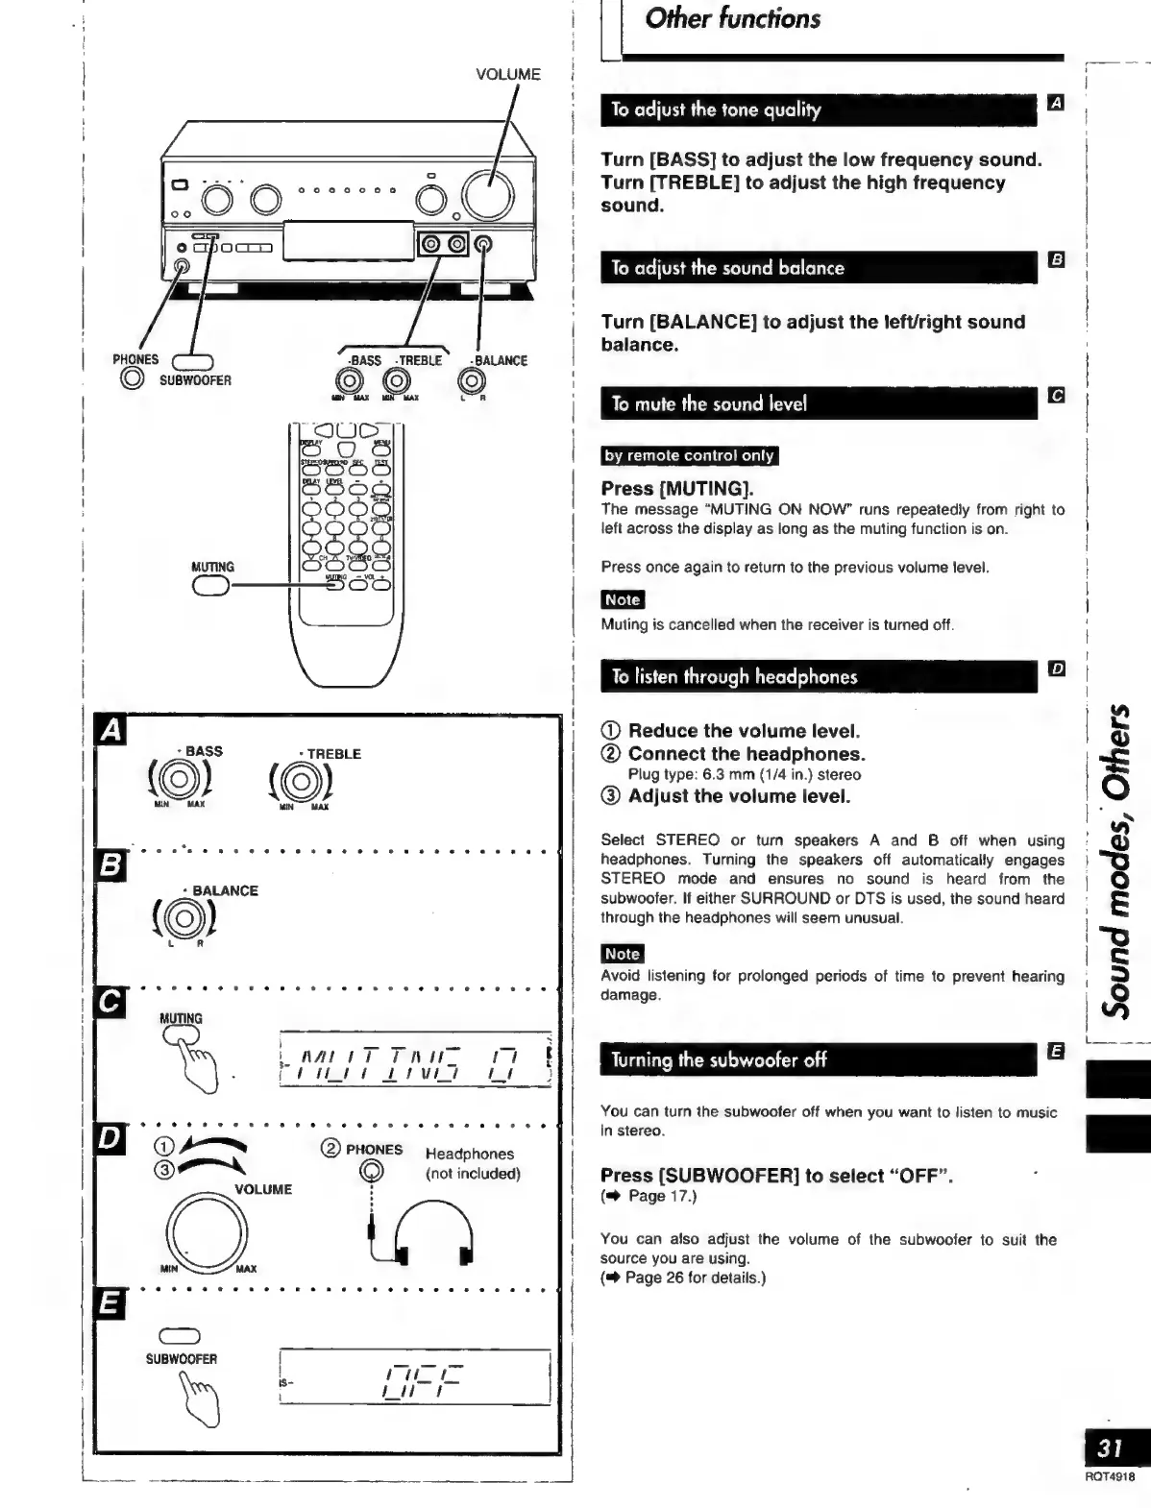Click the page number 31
pyautogui.click(x=1110, y=1447)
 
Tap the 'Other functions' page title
pyautogui.click(x=732, y=19)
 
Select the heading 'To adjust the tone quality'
pyautogui.click(x=716, y=109)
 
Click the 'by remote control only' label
pyautogui.click(x=689, y=455)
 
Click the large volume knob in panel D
pyautogui.click(x=207, y=1230)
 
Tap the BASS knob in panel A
pyautogui.click(x=180, y=777)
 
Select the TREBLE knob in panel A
pyautogui.click(x=302, y=781)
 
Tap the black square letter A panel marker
pyautogui.click(x=111, y=732)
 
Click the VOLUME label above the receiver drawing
pyautogui.click(x=508, y=74)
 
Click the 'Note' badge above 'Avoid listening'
pyautogui.click(x=622, y=954)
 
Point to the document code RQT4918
pyautogui.click(x=1110, y=1477)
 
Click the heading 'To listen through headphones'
pyautogui.click(x=734, y=677)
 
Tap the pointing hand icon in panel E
pyautogui.click(x=203, y=1399)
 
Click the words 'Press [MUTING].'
pyautogui.click(x=677, y=488)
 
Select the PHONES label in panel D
pyautogui.click(x=374, y=1150)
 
